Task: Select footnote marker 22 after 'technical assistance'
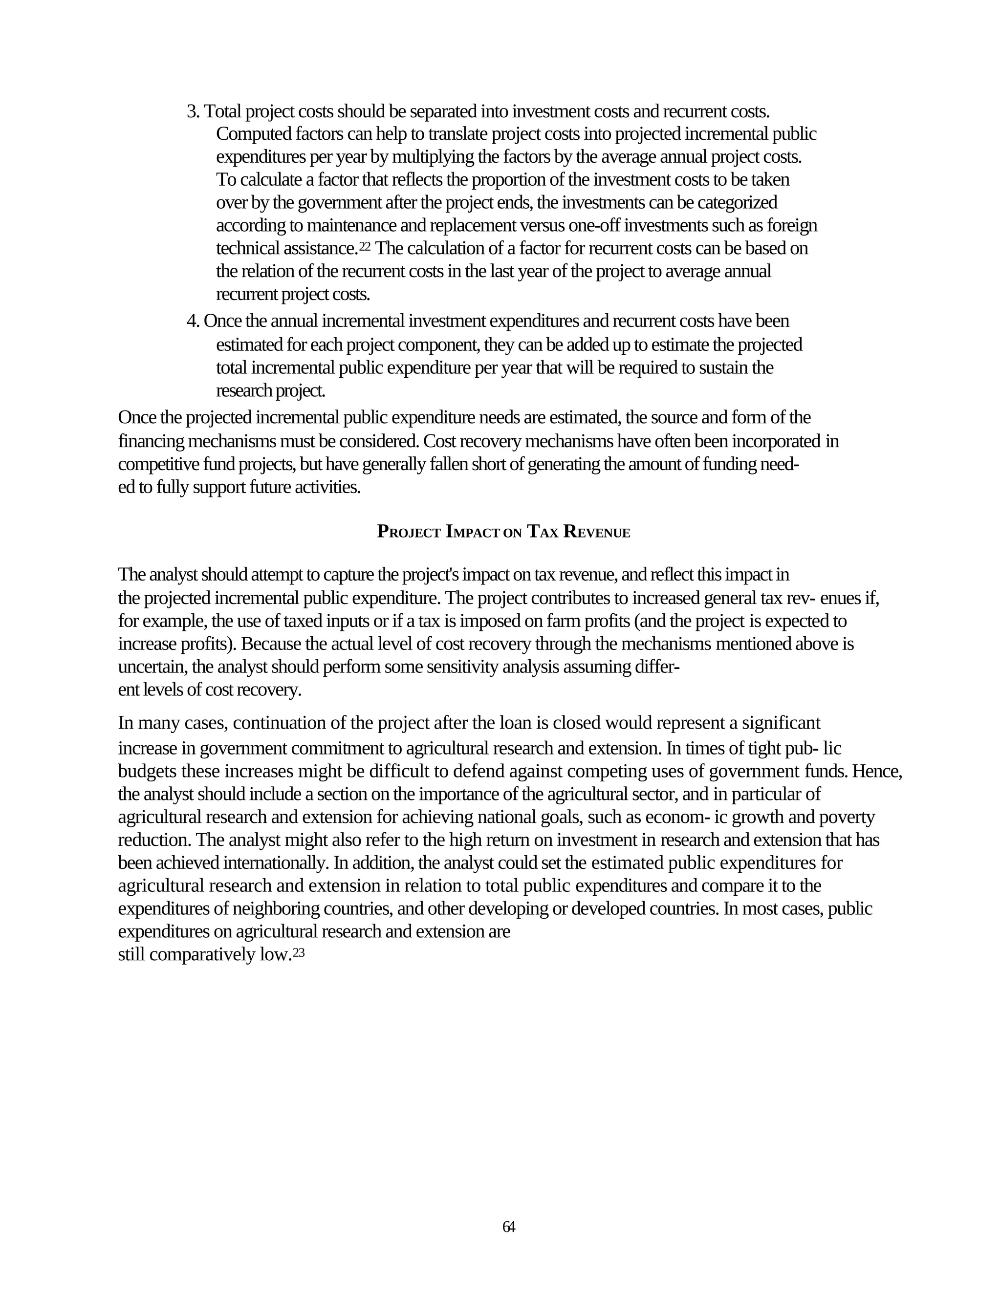click(365, 246)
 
